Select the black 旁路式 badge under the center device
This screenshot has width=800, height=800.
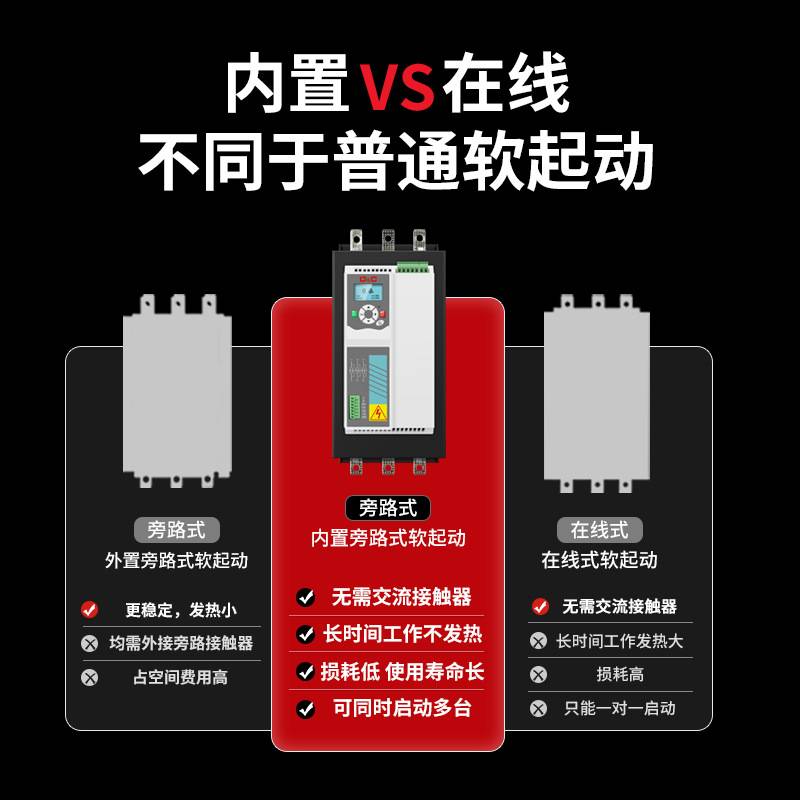388,508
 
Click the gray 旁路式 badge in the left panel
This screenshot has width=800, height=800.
176,530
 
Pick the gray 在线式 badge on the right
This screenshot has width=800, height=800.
599,530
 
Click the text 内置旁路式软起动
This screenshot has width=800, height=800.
388,538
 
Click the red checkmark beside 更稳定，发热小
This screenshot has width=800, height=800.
90,609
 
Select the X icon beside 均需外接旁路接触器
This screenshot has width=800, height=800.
90,643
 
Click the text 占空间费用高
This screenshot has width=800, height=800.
180,677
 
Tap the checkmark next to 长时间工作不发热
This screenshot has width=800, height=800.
306,634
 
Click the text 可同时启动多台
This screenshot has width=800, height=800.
402,708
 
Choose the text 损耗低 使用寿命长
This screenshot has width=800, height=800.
402,671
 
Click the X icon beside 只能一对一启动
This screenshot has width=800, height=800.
539,708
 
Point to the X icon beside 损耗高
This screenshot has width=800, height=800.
539,674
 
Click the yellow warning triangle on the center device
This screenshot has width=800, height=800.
378,412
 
